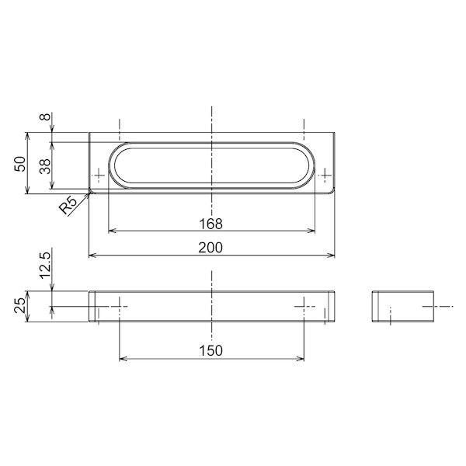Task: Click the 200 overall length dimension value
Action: pyautogui.click(x=210, y=248)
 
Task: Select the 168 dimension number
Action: pyautogui.click(x=210, y=224)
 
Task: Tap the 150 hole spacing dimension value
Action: pyautogui.click(x=210, y=351)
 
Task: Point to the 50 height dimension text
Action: pyautogui.click(x=20, y=163)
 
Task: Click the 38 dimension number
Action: pyautogui.click(x=46, y=166)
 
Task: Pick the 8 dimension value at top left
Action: pyautogui.click(x=45, y=116)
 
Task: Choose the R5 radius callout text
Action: pyautogui.click(x=68, y=204)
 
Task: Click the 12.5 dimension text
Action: pyautogui.click(x=46, y=265)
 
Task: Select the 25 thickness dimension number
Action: pyautogui.click(x=20, y=305)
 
